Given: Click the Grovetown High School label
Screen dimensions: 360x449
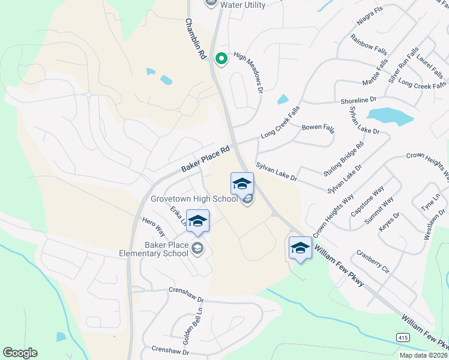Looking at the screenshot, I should [194, 199].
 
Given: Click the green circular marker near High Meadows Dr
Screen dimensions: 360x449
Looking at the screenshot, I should [221, 59].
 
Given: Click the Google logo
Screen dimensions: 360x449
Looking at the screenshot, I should [20, 353].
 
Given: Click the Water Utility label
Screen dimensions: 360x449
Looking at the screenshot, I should [243, 4].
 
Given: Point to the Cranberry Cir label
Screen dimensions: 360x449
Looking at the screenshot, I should [373, 262].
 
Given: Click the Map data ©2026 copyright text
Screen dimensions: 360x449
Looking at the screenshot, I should [423, 355].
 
